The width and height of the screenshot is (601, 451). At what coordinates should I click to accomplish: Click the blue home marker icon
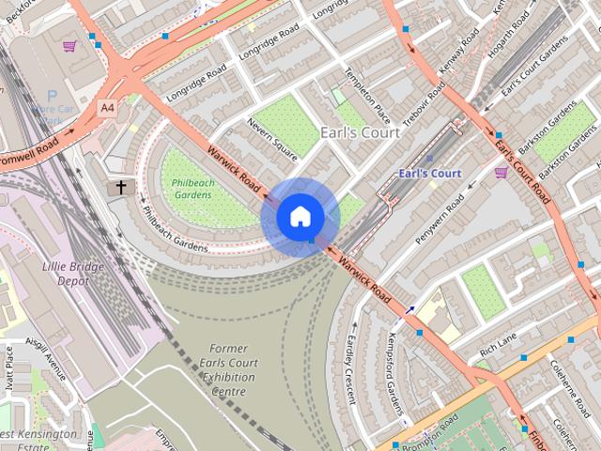(x=300, y=217)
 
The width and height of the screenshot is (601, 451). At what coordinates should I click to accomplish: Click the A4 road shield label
(x=107, y=108)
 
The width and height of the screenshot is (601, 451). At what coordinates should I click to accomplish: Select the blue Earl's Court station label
(x=429, y=173)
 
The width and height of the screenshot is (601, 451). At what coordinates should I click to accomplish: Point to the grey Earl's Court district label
(x=361, y=132)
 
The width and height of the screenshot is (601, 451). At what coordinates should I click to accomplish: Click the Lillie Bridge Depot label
(x=73, y=273)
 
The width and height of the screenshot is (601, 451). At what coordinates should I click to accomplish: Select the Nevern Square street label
(x=271, y=136)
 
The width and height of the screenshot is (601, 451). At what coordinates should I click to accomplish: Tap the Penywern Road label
(x=440, y=220)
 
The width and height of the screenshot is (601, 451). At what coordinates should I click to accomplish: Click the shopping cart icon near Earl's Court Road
(x=501, y=172)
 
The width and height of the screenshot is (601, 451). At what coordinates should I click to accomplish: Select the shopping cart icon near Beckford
(x=69, y=45)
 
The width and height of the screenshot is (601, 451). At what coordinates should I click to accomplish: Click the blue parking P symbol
(x=52, y=95)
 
